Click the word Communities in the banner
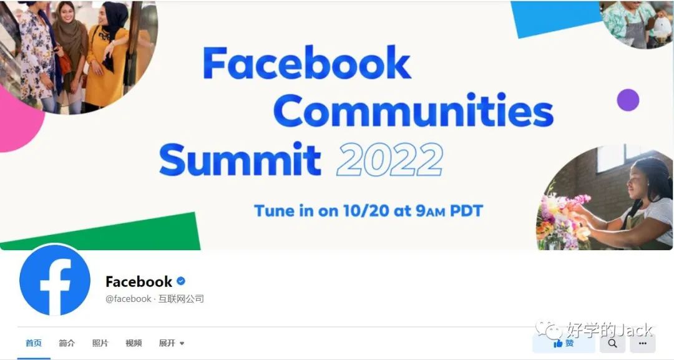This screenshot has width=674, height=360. click(413, 110)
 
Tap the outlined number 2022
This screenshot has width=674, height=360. click(389, 159)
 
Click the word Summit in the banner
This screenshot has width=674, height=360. click(240, 159)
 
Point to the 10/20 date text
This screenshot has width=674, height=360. click(366, 210)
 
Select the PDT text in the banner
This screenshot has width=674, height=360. click(466, 210)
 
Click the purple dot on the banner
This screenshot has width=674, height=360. click(628, 100)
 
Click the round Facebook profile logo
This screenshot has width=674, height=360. click(54, 280)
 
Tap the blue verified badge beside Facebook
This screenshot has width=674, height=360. click(181, 281)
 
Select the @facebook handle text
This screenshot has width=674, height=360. click(128, 299)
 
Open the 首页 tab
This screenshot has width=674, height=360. click(34, 343)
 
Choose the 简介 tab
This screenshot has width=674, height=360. click(67, 343)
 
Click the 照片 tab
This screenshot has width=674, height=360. click(100, 343)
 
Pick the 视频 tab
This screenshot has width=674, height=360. click(134, 343)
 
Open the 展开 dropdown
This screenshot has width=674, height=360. click(172, 343)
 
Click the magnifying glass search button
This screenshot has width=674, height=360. click(613, 343)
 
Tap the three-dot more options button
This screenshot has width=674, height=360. click(643, 343)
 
